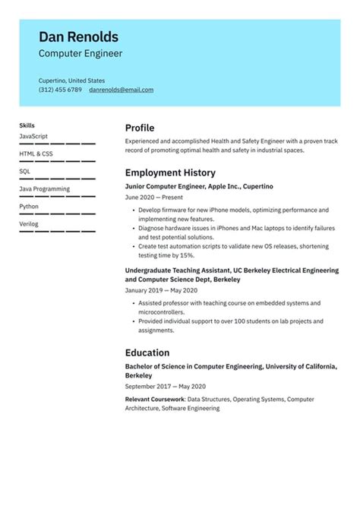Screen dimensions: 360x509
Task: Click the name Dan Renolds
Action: tap(78, 36)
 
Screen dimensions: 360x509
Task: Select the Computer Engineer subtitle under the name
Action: tap(81, 54)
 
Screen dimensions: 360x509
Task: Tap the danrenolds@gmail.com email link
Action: tap(121, 90)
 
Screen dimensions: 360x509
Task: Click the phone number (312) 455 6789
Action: tap(60, 90)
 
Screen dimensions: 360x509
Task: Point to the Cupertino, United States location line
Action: tap(71, 80)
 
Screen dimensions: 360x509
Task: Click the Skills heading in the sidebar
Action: tap(27, 125)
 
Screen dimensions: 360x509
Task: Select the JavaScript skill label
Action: tap(33, 136)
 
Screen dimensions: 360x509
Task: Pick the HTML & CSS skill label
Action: tap(36, 153)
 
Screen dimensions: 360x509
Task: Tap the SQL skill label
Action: tap(25, 171)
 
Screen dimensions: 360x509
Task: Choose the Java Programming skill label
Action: tap(44, 188)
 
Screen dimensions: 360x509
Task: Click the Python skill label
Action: tap(29, 206)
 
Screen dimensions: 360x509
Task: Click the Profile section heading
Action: tap(140, 128)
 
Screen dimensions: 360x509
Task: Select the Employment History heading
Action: tap(170, 172)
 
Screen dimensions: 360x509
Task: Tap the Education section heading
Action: tap(147, 353)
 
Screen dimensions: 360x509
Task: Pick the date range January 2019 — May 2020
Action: tap(161, 290)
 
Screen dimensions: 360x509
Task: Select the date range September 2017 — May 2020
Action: tap(166, 386)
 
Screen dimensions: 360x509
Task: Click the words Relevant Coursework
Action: tap(154, 399)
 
